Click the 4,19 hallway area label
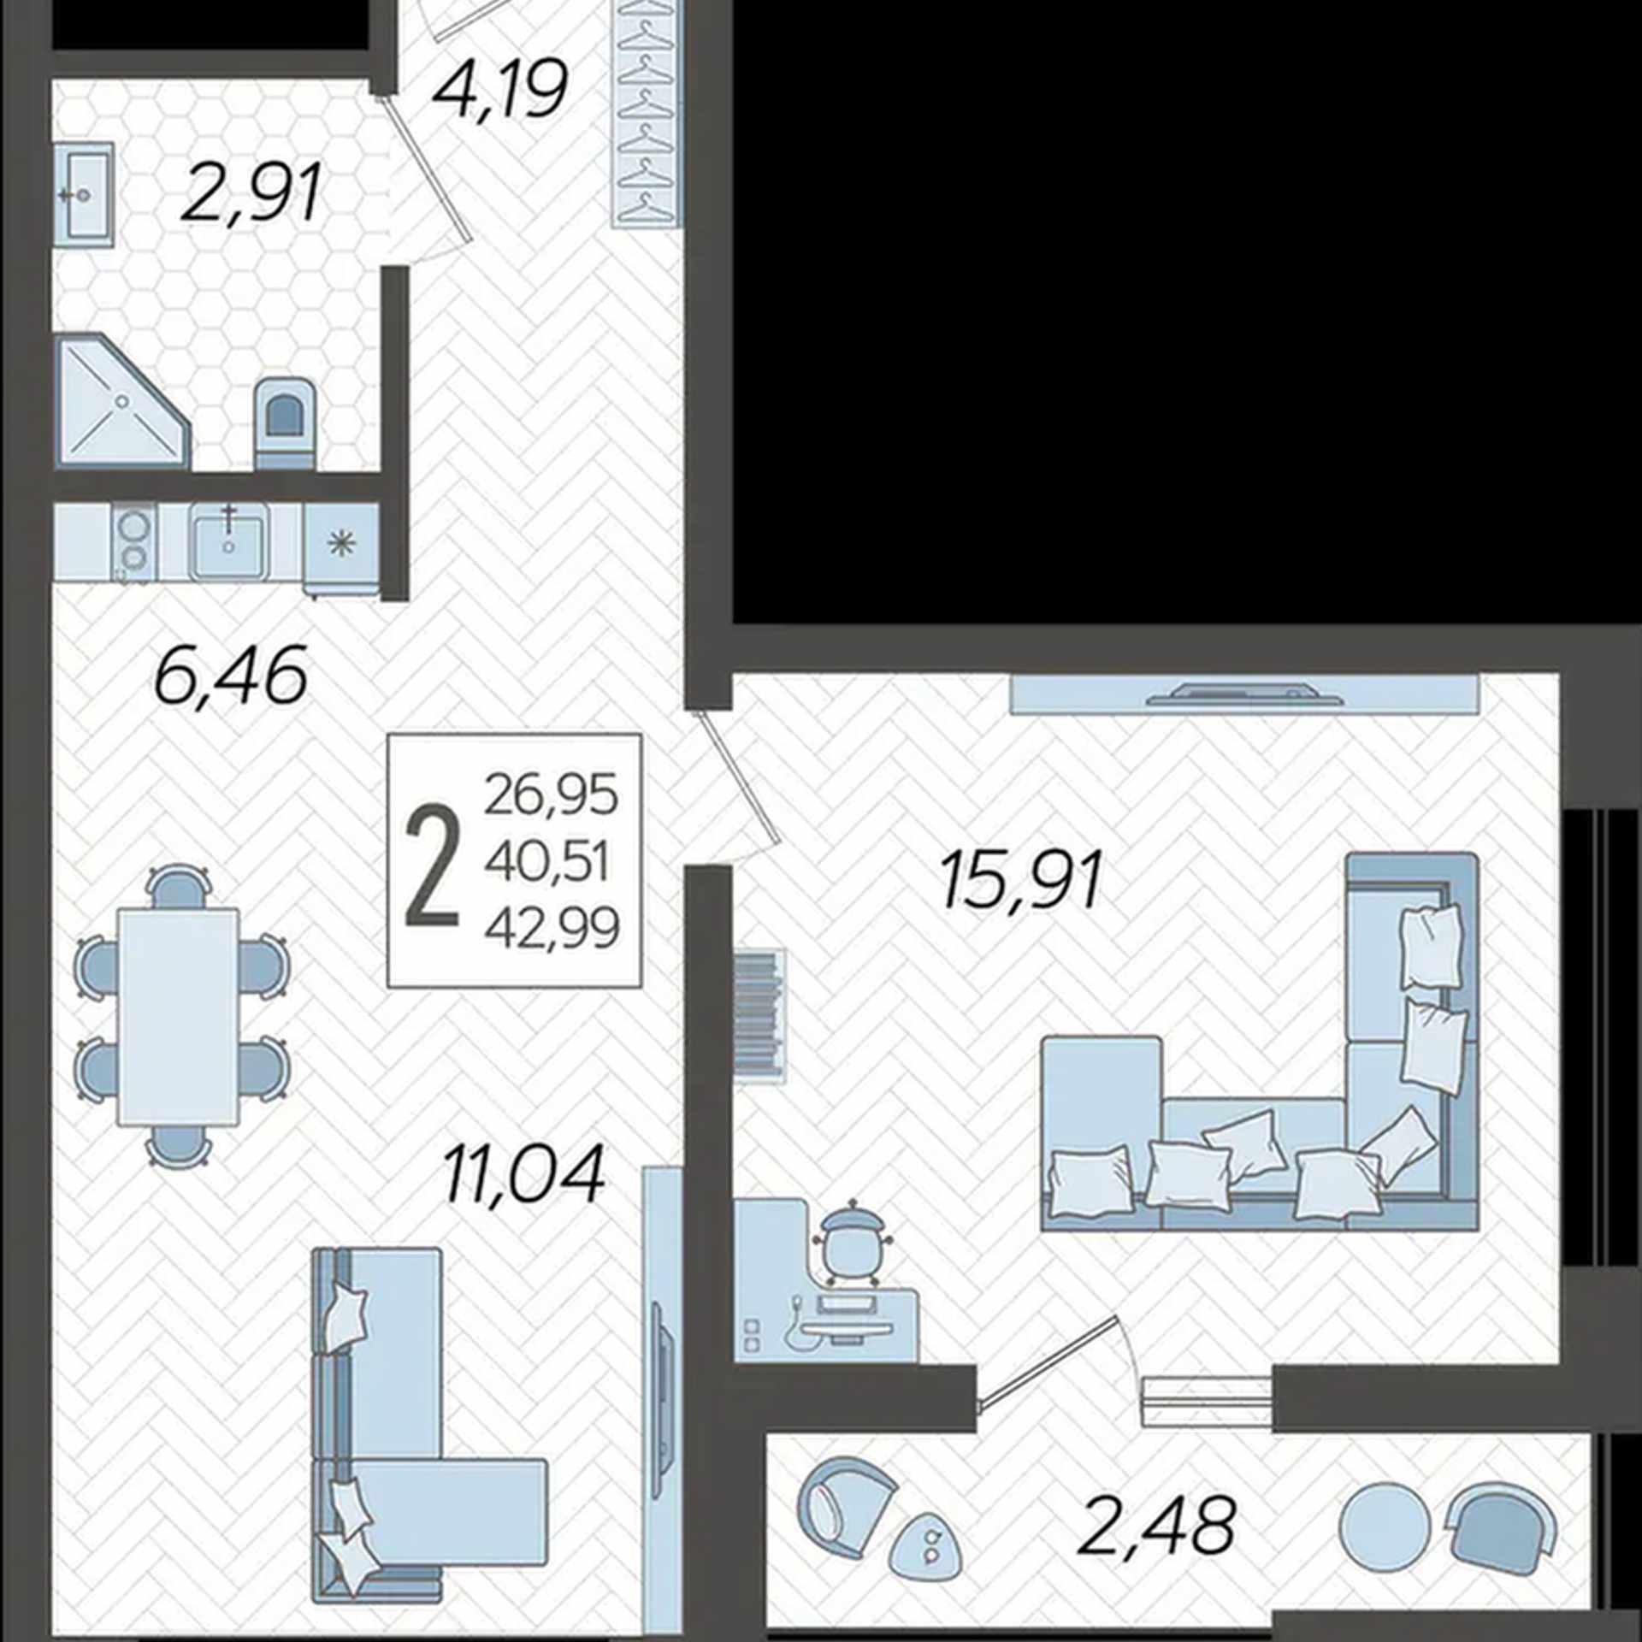pyautogui.click(x=500, y=90)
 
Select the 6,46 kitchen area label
pyautogui.click(x=231, y=676)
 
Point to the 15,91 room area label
pyautogui.click(x=1021, y=879)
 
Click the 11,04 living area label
pyautogui.click(x=524, y=1175)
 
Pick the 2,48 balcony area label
pyautogui.click(x=1157, y=1525)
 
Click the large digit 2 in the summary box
pyautogui.click(x=432, y=867)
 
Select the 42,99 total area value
pyautogui.click(x=552, y=929)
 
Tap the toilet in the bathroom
pyautogui.click(x=286, y=422)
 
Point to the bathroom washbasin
pyautogui.click(x=84, y=195)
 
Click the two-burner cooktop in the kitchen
pyautogui.click(x=133, y=542)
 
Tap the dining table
pyautogui.click(x=178, y=1017)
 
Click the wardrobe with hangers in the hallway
pyautogui.click(x=647, y=113)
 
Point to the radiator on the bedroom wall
pyautogui.click(x=759, y=1016)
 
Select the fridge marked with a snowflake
pyautogui.click(x=341, y=546)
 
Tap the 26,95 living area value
pyautogui.click(x=551, y=794)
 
